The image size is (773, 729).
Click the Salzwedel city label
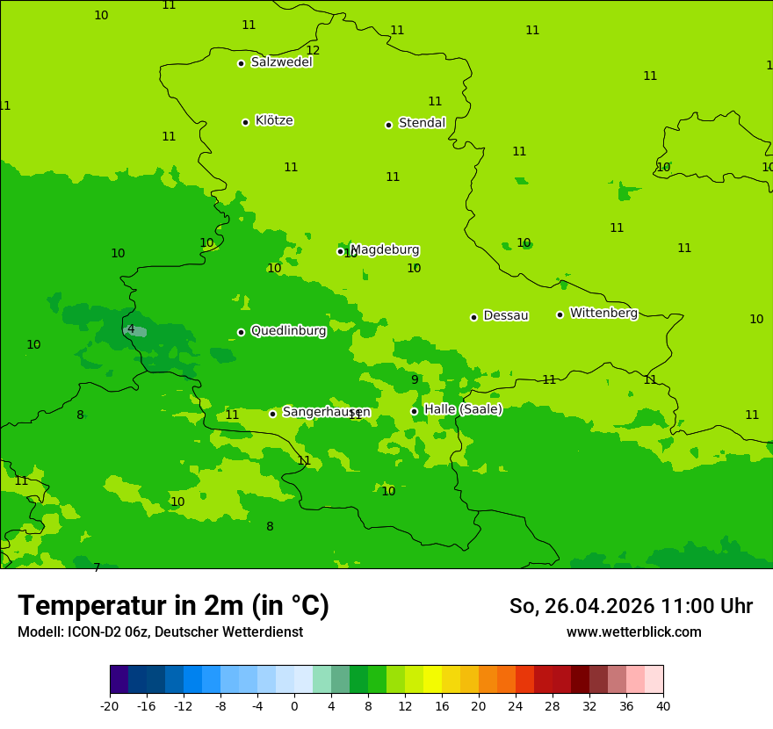pos(281,62)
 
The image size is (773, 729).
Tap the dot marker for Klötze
pos(245,122)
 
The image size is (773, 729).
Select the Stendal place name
pos(422,123)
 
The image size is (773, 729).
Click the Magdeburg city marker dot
pos(341,251)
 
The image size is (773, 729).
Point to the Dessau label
pos(506,315)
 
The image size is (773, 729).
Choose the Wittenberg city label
pos(603,313)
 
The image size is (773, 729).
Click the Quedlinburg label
pos(288,331)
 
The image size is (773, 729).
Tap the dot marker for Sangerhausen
pos(272,414)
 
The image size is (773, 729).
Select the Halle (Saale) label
pos(463,409)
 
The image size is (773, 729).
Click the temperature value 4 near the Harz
pos(131,329)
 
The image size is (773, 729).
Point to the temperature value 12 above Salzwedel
pos(313,50)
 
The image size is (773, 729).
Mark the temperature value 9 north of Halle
pos(415,380)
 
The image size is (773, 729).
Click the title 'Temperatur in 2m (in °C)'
pos(173,606)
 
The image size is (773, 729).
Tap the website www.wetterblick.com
pos(633,632)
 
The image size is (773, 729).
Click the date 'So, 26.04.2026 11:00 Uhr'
pos(631,606)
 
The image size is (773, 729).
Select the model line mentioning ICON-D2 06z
pos(160,632)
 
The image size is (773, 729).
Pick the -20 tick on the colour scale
pos(110,705)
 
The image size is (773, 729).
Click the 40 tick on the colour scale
pos(663,705)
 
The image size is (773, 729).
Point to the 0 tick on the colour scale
pos(294,705)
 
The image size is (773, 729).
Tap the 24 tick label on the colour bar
pos(516,705)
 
